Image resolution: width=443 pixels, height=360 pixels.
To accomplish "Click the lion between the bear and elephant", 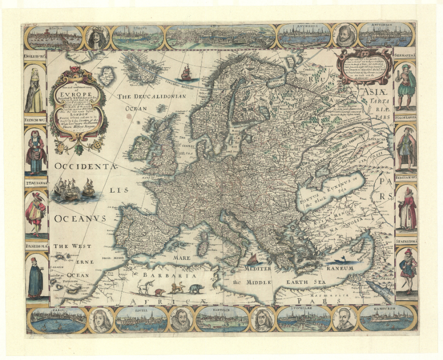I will point(177,288).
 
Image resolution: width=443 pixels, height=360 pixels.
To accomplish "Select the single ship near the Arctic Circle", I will point(186,73).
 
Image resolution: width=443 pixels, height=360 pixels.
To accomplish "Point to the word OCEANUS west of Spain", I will point(80,219).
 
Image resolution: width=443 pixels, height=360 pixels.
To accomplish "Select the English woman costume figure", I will point(35,92).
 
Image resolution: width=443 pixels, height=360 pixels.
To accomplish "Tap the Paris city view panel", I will point(57,320).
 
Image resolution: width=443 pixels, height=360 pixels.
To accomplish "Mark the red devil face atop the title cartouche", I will point(76,69).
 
